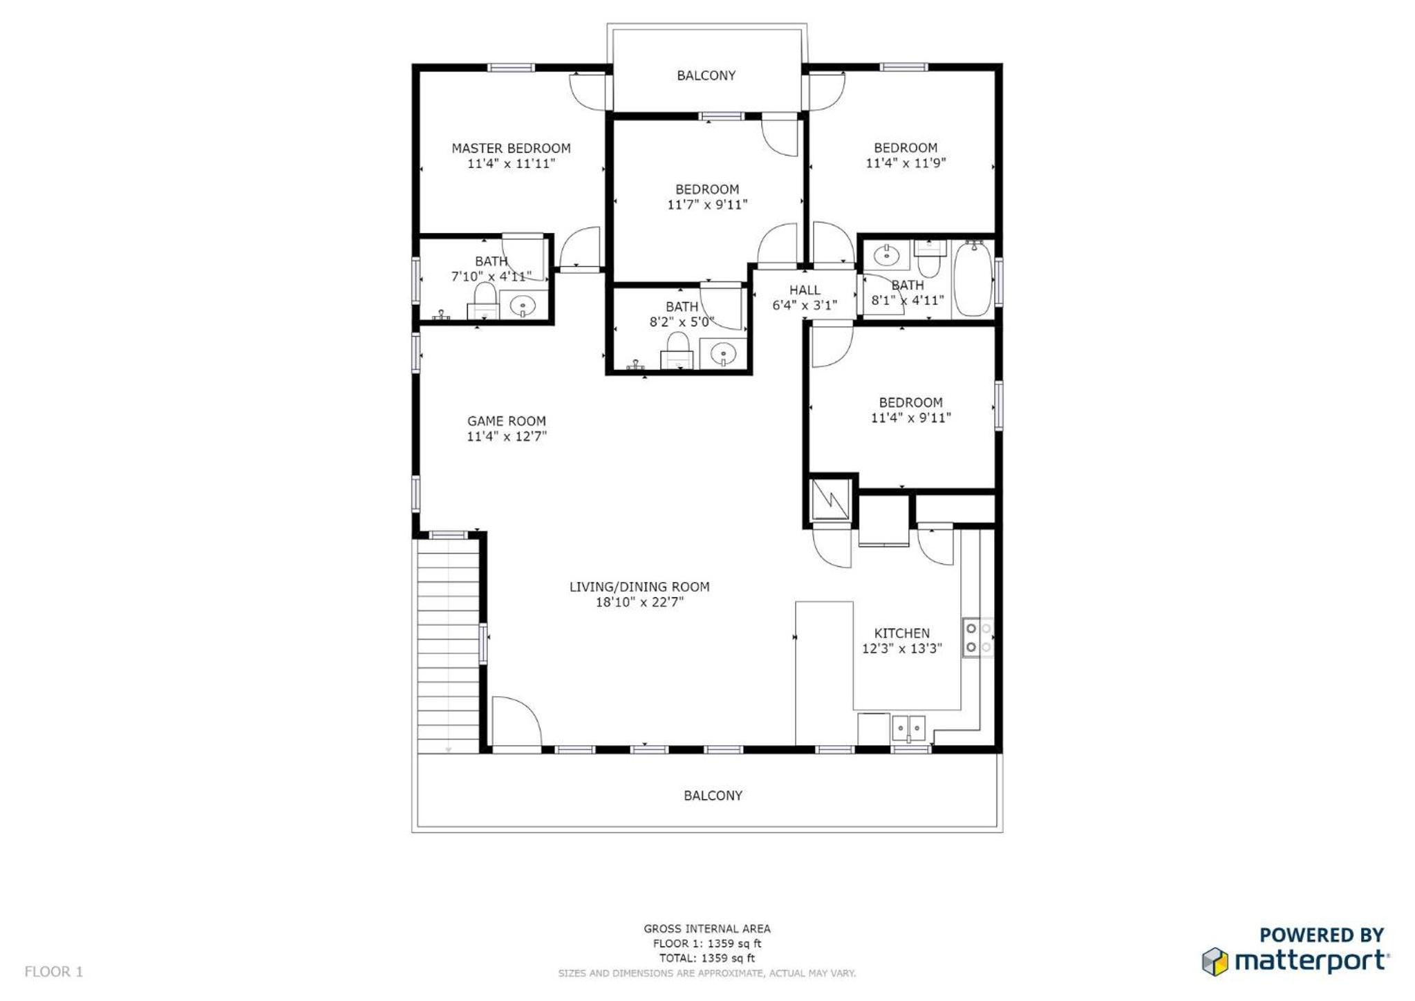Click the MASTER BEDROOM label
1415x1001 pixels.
[511, 148]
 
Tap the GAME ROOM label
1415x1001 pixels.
[507, 421]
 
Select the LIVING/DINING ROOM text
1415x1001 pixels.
[639, 587]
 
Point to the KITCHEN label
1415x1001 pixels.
[901, 633]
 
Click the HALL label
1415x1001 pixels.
[805, 290]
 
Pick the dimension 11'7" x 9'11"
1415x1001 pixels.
[707, 205]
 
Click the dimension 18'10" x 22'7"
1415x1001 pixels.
[639, 602]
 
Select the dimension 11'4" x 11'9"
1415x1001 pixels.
[906, 163]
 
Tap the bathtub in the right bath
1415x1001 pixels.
[973, 279]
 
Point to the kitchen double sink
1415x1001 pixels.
[908, 729]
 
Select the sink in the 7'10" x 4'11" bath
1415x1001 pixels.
[523, 305]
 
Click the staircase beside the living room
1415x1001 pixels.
[448, 646]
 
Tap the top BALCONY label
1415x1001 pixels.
[706, 75]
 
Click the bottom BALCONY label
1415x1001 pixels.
[713, 796]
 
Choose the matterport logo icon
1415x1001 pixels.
[1215, 962]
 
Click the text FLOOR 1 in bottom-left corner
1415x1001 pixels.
[54, 972]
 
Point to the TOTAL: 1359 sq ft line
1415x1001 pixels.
[706, 958]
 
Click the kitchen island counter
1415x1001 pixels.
[824, 673]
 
